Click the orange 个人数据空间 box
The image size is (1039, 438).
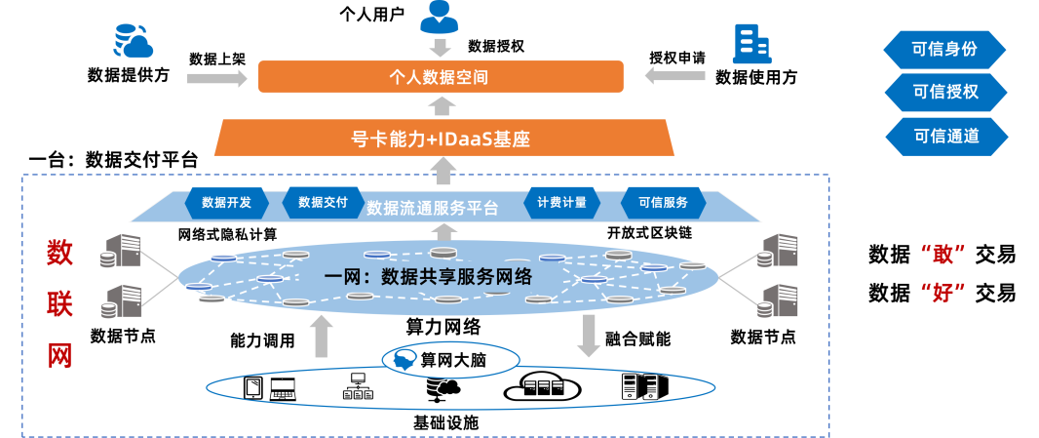tap(441, 76)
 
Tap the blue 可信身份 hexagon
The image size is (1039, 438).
tap(944, 49)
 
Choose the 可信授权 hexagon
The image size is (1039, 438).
tap(944, 93)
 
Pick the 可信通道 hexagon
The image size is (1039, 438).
tap(944, 137)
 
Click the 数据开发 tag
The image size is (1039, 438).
tap(226, 203)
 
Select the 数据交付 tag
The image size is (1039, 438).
tap(323, 203)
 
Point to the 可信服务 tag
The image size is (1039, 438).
tap(663, 203)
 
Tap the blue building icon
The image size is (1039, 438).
tap(751, 44)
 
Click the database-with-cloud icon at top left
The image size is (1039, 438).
tap(134, 41)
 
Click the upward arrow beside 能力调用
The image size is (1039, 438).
tap(323, 337)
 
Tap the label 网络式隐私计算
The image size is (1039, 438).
tap(227, 234)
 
